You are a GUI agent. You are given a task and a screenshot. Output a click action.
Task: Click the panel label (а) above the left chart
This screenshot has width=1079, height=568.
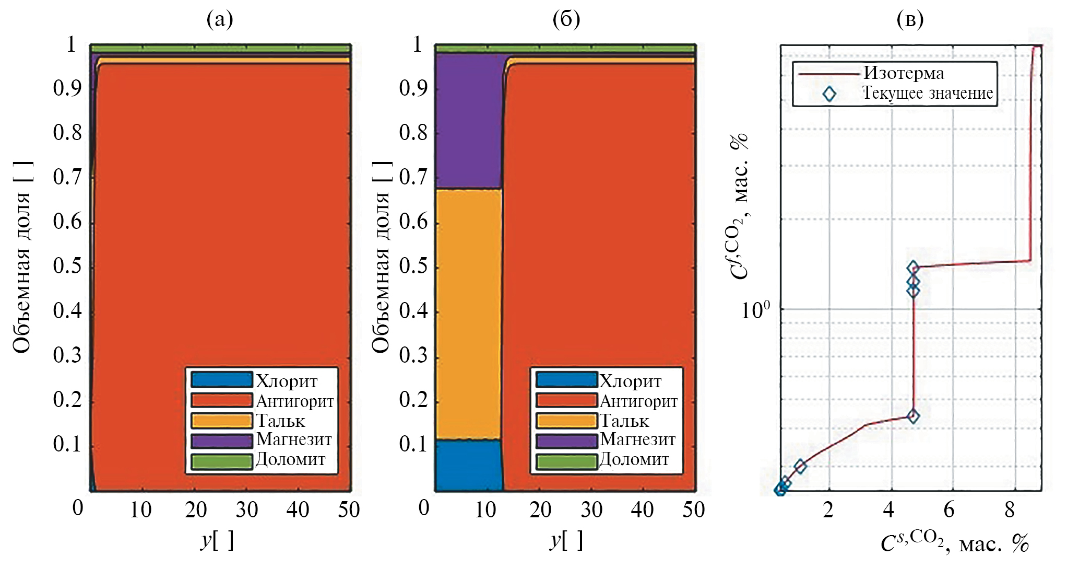pyautogui.click(x=220, y=19)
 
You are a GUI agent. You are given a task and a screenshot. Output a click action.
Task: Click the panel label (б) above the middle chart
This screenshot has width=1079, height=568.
pyautogui.click(x=566, y=19)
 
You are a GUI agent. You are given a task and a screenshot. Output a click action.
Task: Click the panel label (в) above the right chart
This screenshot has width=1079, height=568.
pyautogui.click(x=910, y=19)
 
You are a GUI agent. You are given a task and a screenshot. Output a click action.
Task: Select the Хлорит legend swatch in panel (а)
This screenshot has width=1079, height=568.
pyautogui.click(x=222, y=380)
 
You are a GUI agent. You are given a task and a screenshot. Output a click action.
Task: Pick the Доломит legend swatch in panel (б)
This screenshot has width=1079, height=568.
pyautogui.click(x=567, y=461)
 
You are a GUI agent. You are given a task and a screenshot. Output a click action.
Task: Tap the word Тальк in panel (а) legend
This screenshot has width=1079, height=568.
pyautogui.click(x=280, y=421)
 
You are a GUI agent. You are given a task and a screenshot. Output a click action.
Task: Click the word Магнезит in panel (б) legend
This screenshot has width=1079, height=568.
pyautogui.click(x=637, y=439)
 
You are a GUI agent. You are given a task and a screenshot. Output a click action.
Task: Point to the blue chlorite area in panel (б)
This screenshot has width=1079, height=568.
pyautogui.click(x=468, y=465)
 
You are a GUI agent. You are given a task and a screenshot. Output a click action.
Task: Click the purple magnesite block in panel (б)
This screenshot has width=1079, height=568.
pyautogui.click(x=468, y=120)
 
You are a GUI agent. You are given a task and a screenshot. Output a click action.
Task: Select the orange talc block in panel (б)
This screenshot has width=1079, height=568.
pyautogui.click(x=468, y=314)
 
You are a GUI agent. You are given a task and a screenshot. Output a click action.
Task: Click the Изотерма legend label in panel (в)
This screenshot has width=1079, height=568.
pyautogui.click(x=903, y=73)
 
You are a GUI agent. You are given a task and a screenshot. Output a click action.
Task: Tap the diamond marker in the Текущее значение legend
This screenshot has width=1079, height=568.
pyautogui.click(x=829, y=94)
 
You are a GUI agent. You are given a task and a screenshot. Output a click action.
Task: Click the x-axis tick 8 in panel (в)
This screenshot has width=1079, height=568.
pyautogui.click(x=1010, y=509)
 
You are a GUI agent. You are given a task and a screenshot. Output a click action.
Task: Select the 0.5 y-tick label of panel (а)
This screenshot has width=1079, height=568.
pyautogui.click(x=67, y=266)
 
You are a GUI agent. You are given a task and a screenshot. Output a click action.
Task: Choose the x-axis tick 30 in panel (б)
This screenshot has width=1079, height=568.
pyautogui.click(x=591, y=509)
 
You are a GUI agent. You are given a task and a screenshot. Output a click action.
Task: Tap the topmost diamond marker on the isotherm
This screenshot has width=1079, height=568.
pyautogui.click(x=913, y=268)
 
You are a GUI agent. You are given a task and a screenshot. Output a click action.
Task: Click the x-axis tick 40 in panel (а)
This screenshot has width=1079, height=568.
pyautogui.click(x=298, y=509)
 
